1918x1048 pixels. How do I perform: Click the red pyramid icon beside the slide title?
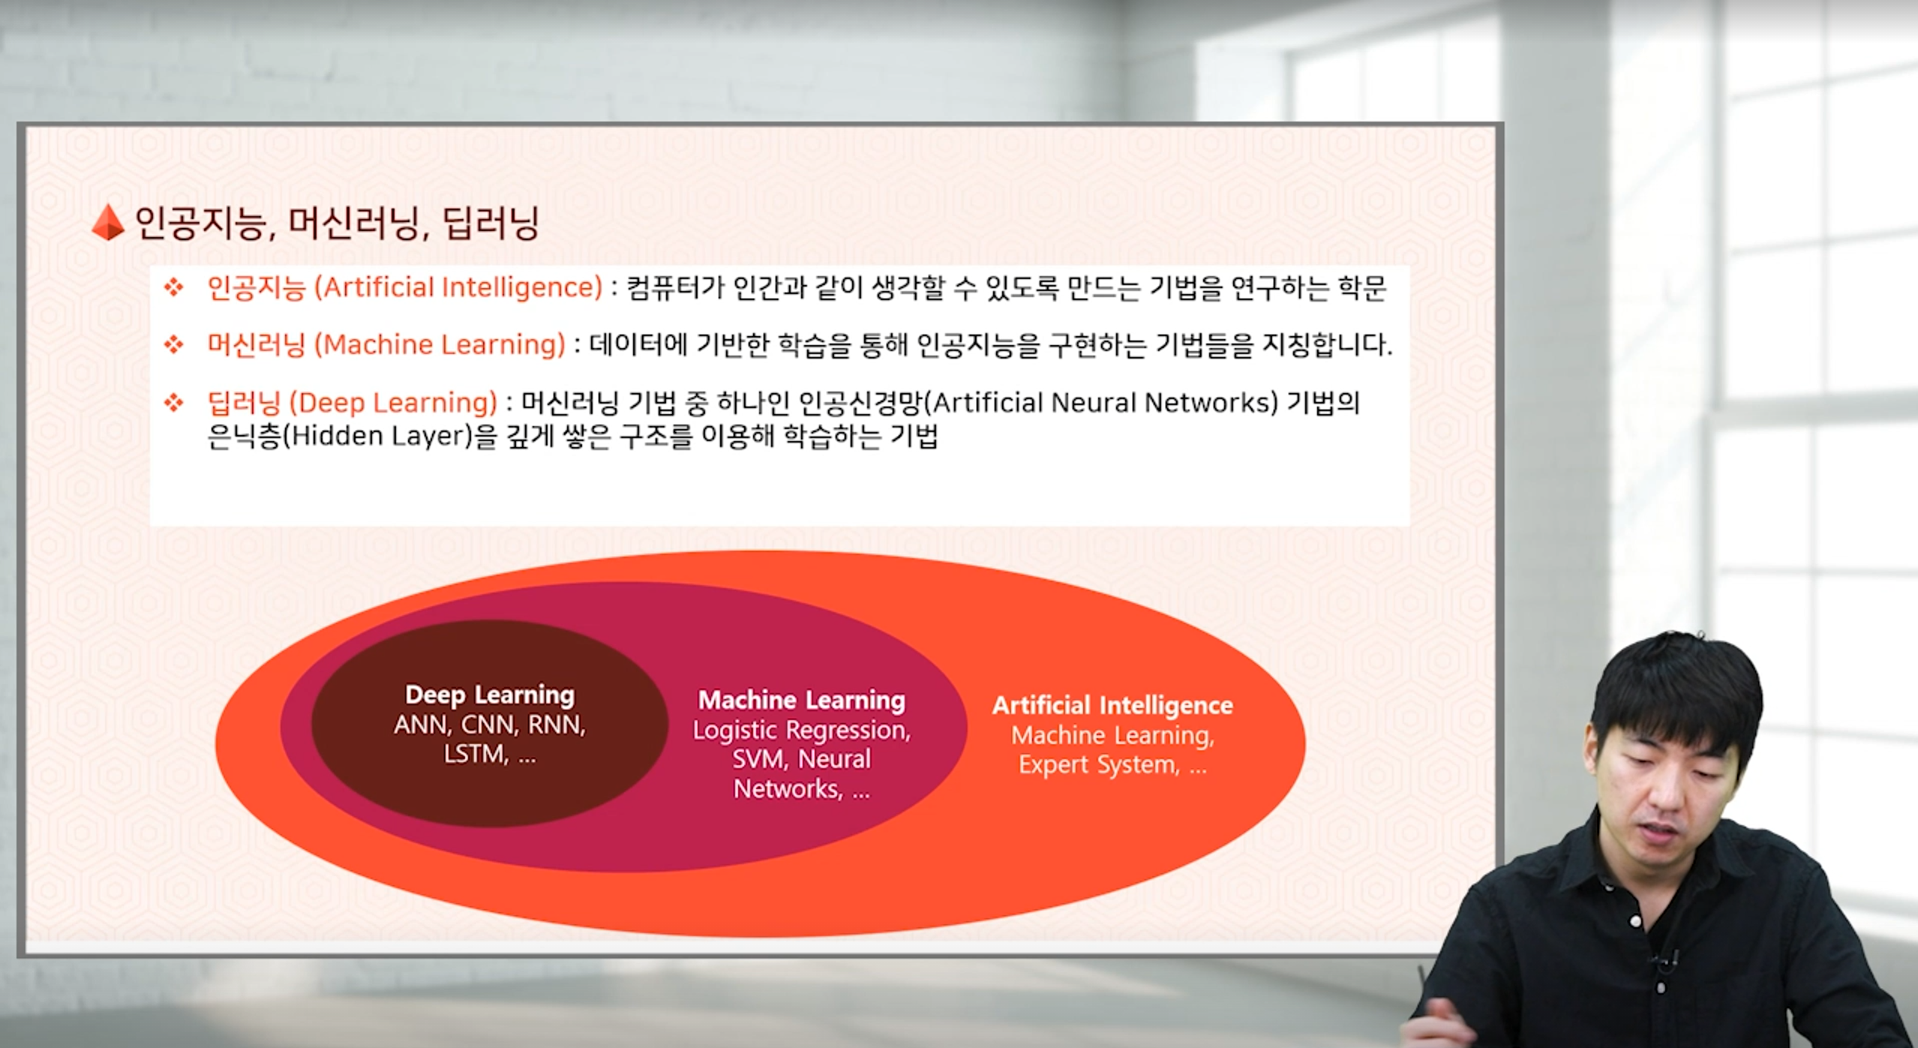108,223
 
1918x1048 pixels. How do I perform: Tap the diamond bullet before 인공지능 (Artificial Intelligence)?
174,287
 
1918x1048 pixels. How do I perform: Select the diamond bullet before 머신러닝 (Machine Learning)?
174,344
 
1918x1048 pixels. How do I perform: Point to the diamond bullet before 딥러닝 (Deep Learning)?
174,403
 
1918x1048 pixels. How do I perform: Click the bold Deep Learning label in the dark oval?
490,695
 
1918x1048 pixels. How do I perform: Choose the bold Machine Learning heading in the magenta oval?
802,701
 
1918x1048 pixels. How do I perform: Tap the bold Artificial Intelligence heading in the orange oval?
1112,705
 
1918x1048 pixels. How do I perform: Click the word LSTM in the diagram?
476,753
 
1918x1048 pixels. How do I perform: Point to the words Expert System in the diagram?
1098,765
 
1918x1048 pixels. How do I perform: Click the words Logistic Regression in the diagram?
800,730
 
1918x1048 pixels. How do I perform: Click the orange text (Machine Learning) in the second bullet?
440,345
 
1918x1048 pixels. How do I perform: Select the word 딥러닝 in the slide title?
491,223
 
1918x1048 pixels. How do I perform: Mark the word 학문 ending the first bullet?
1362,287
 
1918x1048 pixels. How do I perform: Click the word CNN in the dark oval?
488,725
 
